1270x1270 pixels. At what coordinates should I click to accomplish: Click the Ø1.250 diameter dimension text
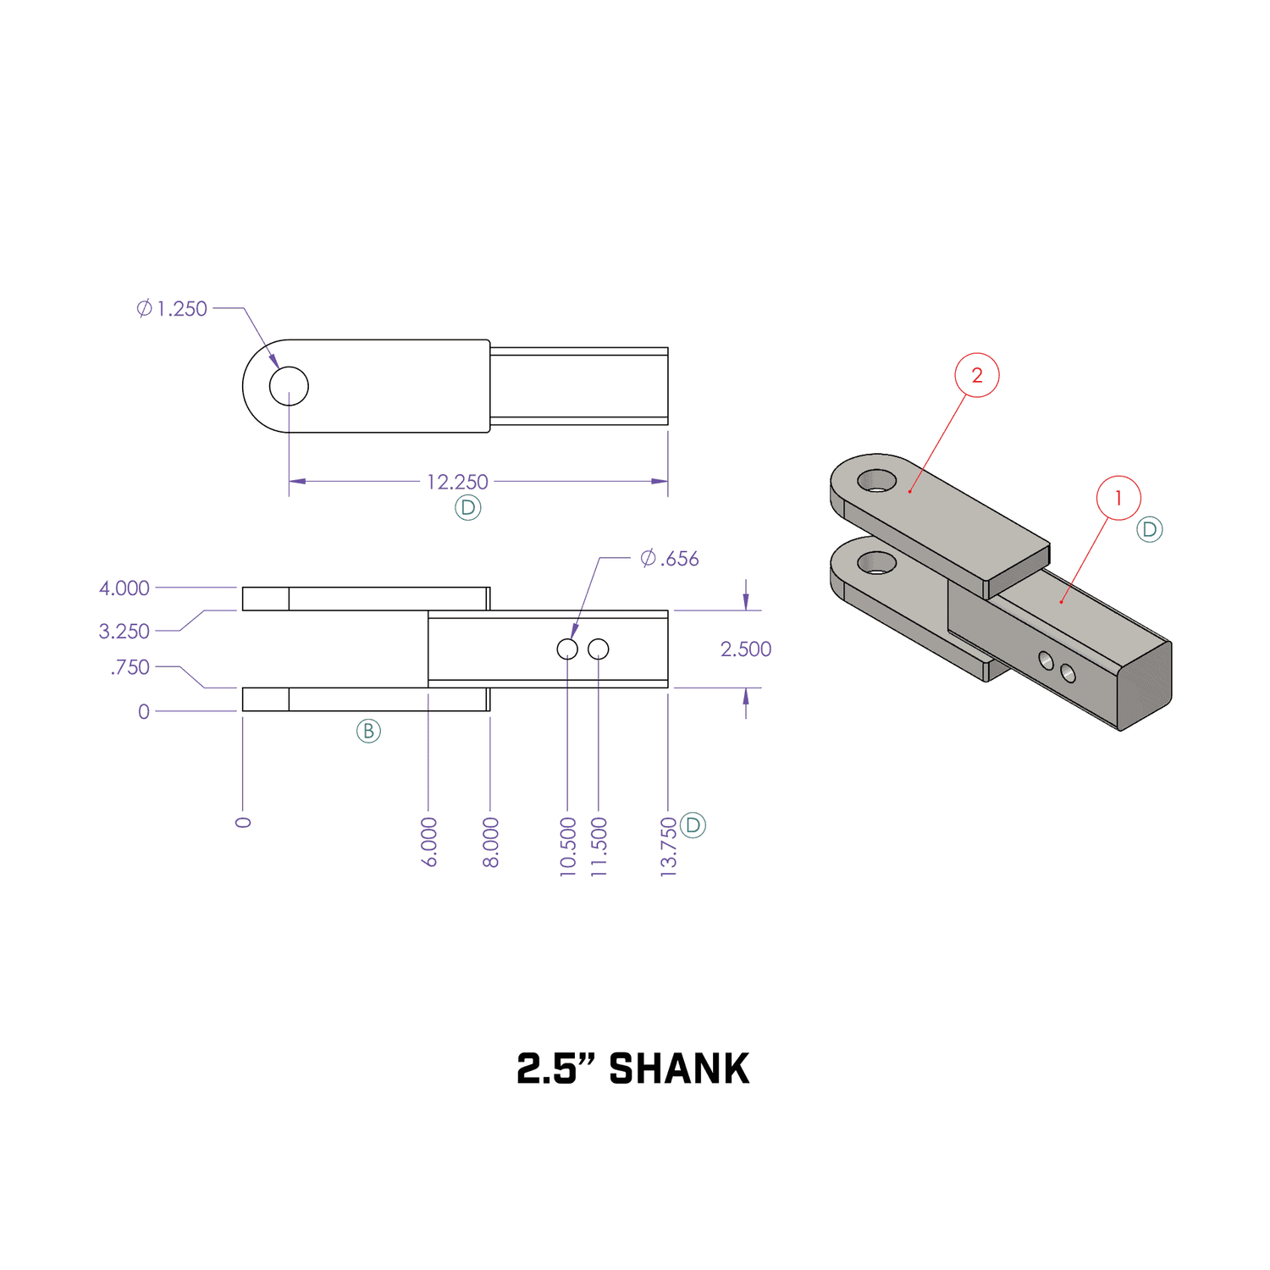(x=173, y=309)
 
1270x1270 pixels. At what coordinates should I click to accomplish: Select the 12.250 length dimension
(x=457, y=482)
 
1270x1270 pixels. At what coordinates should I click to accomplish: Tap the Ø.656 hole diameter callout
(x=670, y=559)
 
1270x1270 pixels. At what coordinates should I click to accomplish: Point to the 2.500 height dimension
(x=745, y=649)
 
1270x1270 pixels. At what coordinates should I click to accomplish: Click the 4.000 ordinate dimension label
(x=124, y=588)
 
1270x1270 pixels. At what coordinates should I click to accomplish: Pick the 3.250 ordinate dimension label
(x=124, y=632)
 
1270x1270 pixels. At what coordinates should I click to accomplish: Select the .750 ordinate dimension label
(x=130, y=667)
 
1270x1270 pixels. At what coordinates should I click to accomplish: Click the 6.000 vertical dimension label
(x=429, y=842)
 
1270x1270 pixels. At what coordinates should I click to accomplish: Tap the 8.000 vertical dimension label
(x=491, y=842)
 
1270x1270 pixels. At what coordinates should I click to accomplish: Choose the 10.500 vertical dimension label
(x=568, y=846)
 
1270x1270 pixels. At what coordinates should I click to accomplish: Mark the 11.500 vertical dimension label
(x=599, y=846)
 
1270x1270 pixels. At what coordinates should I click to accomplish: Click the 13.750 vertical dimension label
(x=669, y=846)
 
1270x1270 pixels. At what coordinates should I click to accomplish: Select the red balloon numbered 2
(x=977, y=375)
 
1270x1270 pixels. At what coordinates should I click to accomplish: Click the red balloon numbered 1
(x=1118, y=498)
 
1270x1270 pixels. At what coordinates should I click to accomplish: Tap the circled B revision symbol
(x=368, y=731)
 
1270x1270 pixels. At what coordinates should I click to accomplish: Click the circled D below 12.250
(x=468, y=508)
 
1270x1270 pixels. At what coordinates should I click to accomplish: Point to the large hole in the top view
(x=289, y=386)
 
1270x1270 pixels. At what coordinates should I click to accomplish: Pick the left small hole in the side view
(x=567, y=649)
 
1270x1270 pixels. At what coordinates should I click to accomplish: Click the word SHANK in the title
(x=679, y=1068)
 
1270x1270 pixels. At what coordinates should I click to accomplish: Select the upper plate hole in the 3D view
(x=877, y=481)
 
